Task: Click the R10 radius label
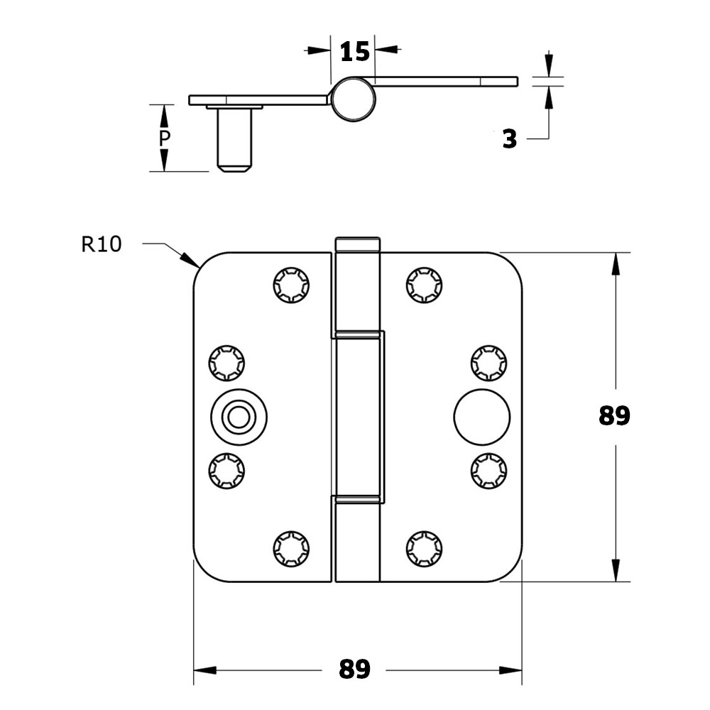pos(102,244)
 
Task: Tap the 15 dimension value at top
pos(355,52)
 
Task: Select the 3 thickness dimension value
pos(510,139)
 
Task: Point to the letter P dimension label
pos(164,138)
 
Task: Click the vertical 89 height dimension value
pos(614,415)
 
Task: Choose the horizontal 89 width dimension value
pos(354,669)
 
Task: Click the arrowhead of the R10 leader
pos(190,260)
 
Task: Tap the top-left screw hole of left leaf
pos(291,285)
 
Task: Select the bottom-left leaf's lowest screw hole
pos(291,548)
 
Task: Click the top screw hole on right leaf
pos(425,285)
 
